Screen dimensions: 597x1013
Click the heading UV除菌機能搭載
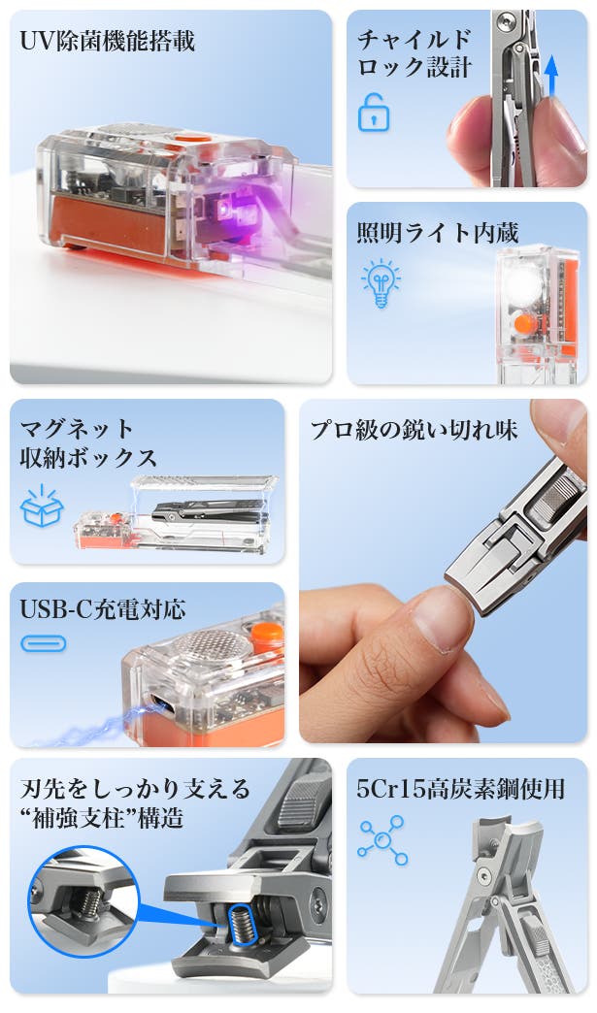(x=107, y=42)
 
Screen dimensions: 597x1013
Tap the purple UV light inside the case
(x=227, y=209)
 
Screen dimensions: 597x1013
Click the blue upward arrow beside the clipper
(x=551, y=76)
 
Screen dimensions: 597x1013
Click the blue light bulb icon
(x=381, y=283)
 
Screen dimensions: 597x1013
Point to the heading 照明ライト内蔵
(x=438, y=233)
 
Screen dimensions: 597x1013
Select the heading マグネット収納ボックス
(x=88, y=442)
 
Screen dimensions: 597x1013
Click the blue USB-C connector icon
(x=44, y=643)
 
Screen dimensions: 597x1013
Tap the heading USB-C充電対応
(x=103, y=608)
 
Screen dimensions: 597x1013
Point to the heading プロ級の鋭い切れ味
(x=414, y=429)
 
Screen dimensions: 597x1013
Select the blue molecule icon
(x=382, y=840)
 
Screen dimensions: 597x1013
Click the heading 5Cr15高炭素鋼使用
(x=461, y=789)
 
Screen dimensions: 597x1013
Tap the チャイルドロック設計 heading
(x=414, y=53)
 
